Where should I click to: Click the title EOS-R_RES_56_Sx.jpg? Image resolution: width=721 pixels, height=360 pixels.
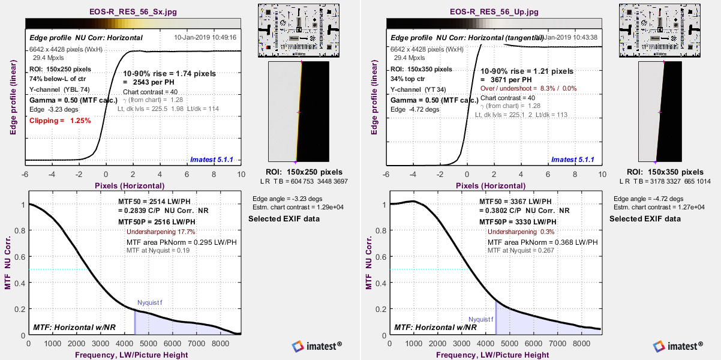[x=133, y=11]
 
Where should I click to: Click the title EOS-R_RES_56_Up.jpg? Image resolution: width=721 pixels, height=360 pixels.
[x=494, y=11]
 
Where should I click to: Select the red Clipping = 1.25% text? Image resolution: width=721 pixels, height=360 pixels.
[x=60, y=121]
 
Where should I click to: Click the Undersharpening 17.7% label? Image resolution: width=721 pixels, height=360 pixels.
[x=161, y=232]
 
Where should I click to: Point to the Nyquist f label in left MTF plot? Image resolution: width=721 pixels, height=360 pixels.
[x=150, y=302]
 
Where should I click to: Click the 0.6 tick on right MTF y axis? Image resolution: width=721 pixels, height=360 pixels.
[x=383, y=257]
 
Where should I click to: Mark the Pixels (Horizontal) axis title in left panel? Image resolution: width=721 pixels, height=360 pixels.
[x=129, y=186]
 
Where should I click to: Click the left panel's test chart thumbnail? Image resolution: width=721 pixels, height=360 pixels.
[x=295, y=31]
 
